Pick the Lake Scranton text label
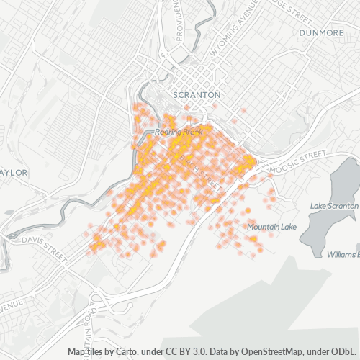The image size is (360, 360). (x=333, y=206)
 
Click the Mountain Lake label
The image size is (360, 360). (x=271, y=228)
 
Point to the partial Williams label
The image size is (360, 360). (x=342, y=255)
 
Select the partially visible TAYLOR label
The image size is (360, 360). (x=14, y=173)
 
